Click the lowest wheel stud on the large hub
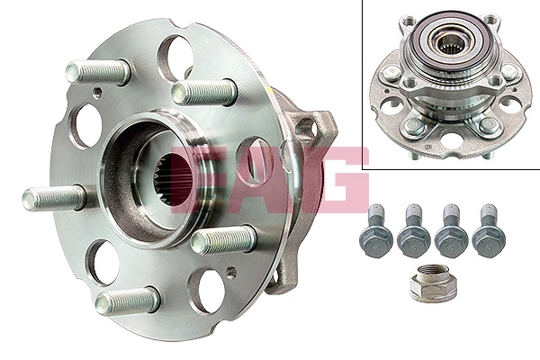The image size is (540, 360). point(126,302)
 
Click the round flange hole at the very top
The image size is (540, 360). point(179,50)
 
